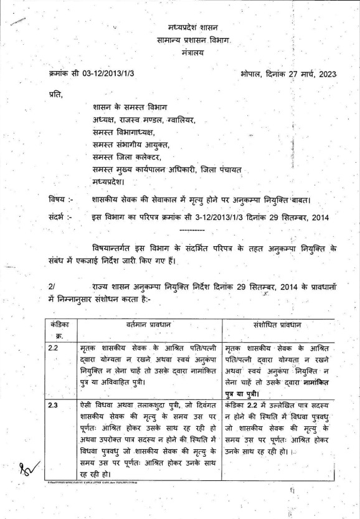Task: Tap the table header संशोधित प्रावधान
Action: point(285,325)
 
